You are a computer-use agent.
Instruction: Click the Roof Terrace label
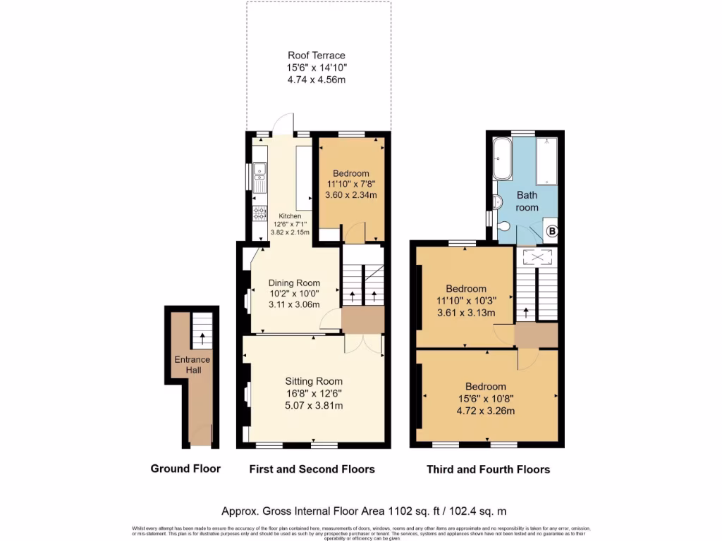[317, 55]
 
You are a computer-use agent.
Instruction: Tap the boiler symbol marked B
[552, 230]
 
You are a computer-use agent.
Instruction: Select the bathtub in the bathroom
[503, 160]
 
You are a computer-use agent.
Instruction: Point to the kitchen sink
[259, 170]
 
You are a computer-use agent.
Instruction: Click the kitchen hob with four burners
[259, 213]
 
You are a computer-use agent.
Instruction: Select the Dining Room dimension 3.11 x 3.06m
[295, 305]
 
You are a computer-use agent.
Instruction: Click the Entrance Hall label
[192, 365]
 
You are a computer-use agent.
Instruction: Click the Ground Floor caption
[185, 468]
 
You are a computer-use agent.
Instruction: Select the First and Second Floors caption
[312, 468]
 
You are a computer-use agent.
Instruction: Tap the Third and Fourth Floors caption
[488, 468]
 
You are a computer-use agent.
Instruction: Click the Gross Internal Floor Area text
[364, 511]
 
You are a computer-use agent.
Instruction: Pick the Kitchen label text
[290, 216]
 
